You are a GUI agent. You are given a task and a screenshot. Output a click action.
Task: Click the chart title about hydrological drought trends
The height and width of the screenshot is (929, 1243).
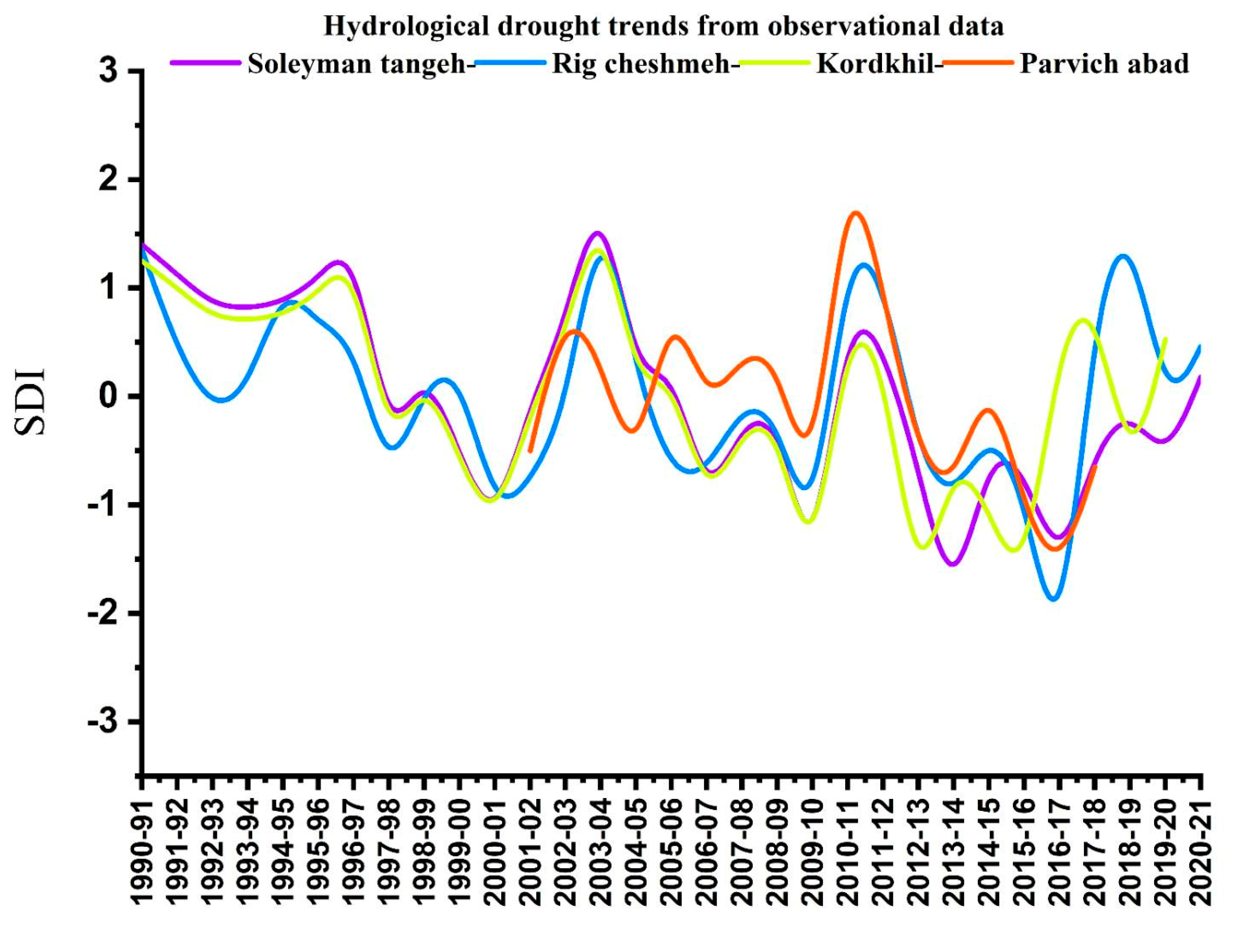(x=663, y=26)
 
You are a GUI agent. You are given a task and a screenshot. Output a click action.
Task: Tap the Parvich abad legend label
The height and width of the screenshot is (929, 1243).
(x=1104, y=64)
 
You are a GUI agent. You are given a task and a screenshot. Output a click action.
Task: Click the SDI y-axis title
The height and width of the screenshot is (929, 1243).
(x=29, y=401)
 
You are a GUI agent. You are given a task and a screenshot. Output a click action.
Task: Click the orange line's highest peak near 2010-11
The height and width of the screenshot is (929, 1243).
(x=855, y=213)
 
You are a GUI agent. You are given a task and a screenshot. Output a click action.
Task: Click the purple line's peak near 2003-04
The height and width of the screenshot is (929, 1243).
(x=597, y=233)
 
